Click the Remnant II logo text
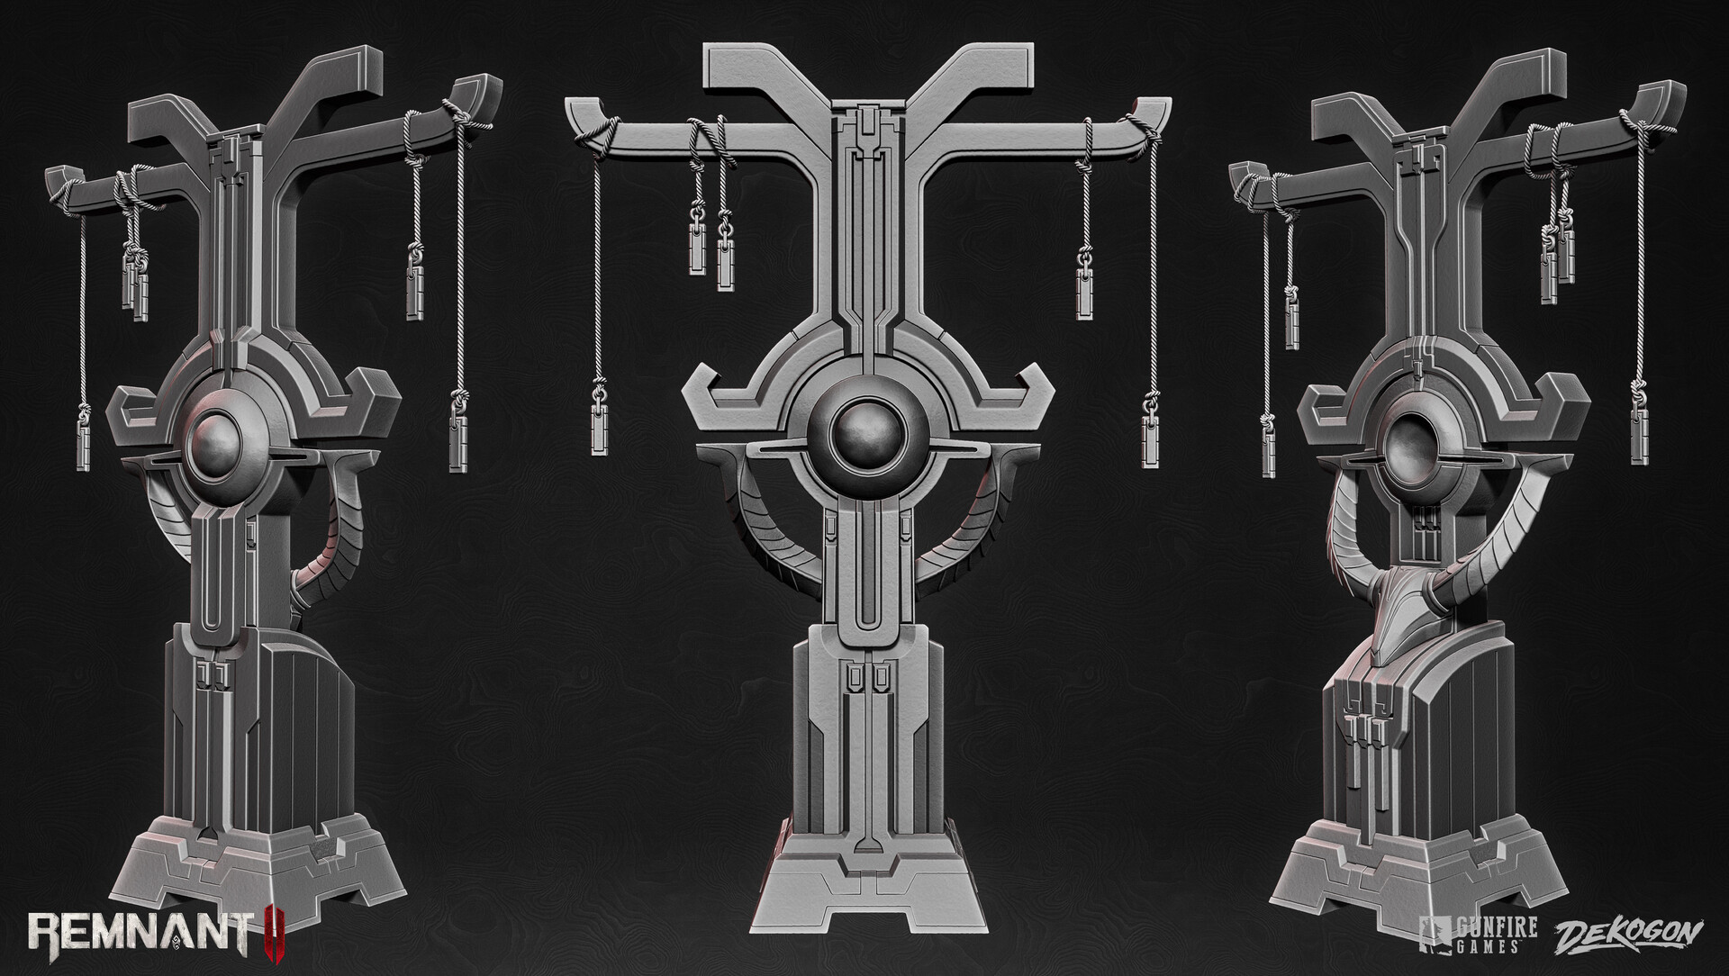click(144, 940)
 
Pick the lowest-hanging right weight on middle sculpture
click(1150, 439)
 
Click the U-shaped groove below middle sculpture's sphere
click(863, 576)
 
